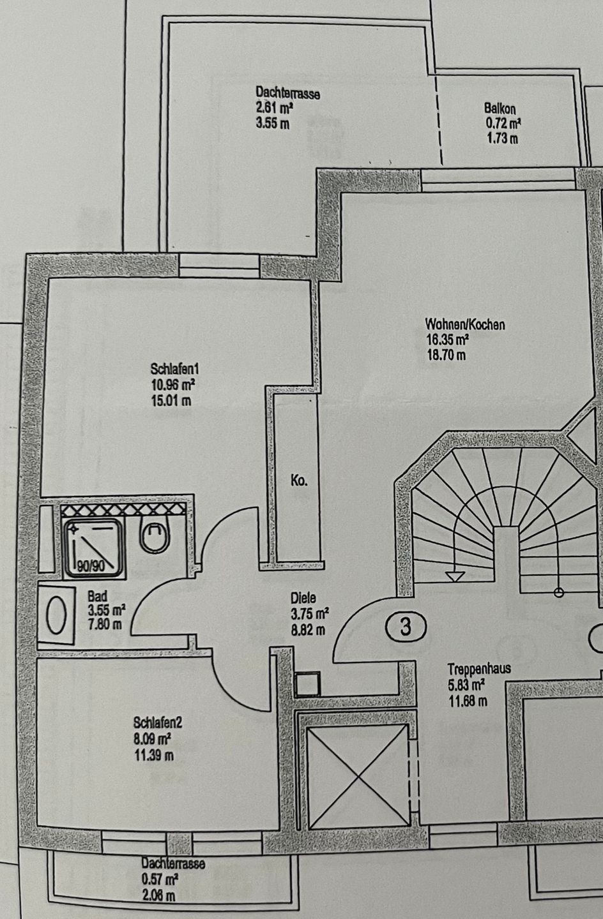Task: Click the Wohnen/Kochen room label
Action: coord(465,325)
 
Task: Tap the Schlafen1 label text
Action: coord(175,369)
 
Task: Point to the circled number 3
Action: coord(406,627)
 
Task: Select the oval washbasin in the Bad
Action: coord(57,617)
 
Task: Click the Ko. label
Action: coord(299,481)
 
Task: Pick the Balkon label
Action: coord(500,109)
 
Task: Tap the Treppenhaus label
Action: coord(479,669)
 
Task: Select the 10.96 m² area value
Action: coord(172,384)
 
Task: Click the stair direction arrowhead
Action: coord(454,577)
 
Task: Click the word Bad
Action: coord(98,595)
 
